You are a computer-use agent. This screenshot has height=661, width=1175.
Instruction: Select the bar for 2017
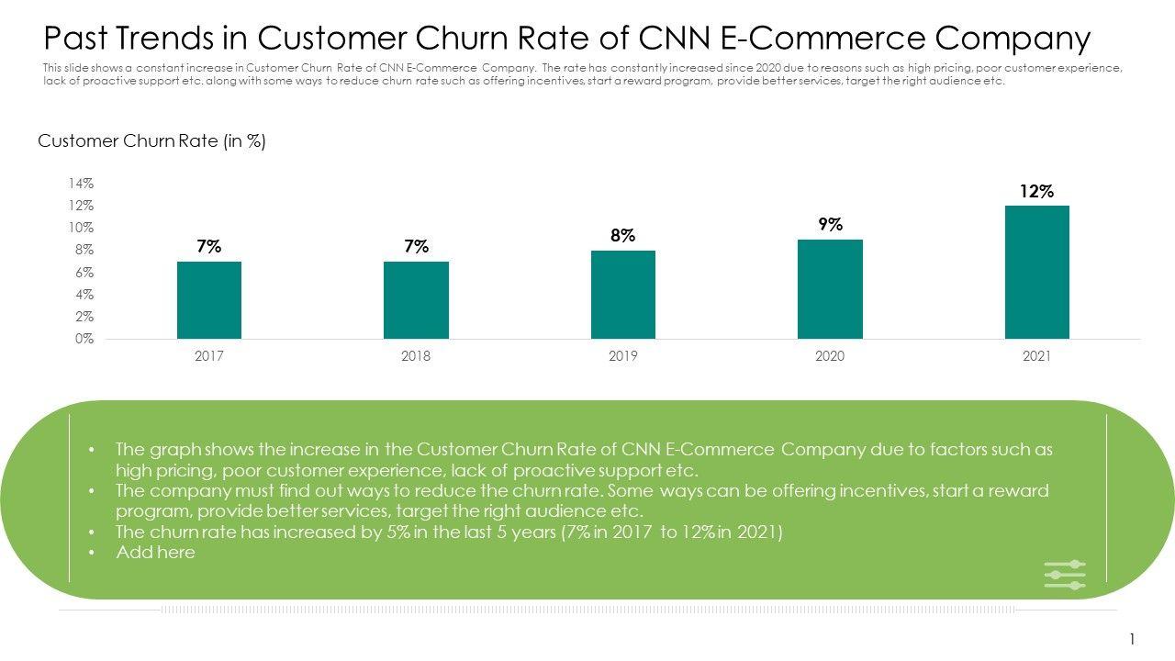pos(209,300)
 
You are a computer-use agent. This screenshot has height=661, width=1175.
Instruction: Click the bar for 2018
pos(416,300)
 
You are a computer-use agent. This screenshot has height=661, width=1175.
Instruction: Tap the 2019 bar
pos(623,295)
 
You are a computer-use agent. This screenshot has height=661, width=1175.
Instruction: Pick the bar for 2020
pos(830,289)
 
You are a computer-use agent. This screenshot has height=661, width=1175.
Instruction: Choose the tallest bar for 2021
pos(1037,272)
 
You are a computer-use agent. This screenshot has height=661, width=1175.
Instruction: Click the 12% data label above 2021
pos(1036,192)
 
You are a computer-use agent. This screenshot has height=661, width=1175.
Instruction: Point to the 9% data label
pos(831,225)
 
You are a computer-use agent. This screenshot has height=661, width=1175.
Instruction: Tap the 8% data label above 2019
pos(623,236)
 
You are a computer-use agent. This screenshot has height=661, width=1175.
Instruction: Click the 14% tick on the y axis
pos(81,184)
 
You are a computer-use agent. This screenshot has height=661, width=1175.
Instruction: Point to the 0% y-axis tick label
pos(84,339)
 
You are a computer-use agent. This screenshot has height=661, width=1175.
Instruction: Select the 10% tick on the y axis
pos(81,228)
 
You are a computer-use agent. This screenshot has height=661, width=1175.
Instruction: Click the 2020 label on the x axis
pos(830,356)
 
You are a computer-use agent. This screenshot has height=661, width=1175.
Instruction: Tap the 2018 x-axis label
pos(416,356)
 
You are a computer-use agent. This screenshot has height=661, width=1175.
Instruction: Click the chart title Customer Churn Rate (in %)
pos(152,141)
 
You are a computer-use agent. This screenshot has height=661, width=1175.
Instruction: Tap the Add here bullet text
pos(155,552)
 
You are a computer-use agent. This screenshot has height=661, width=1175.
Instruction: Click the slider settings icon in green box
pos(1065,575)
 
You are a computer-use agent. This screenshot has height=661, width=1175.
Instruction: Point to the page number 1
pos(1133,639)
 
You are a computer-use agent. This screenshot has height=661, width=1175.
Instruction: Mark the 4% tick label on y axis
pos(84,295)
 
